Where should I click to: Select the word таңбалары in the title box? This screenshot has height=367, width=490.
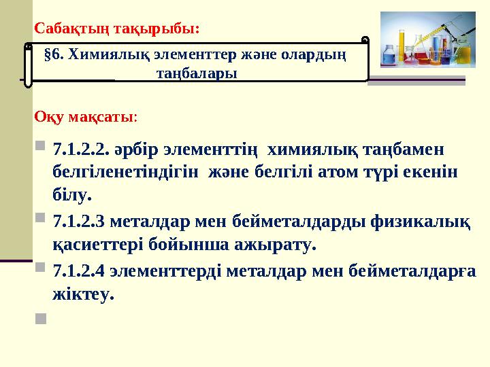[x=197, y=73]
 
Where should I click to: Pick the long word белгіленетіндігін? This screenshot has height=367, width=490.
[x=127, y=171]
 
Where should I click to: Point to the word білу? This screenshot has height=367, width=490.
[x=71, y=196]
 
